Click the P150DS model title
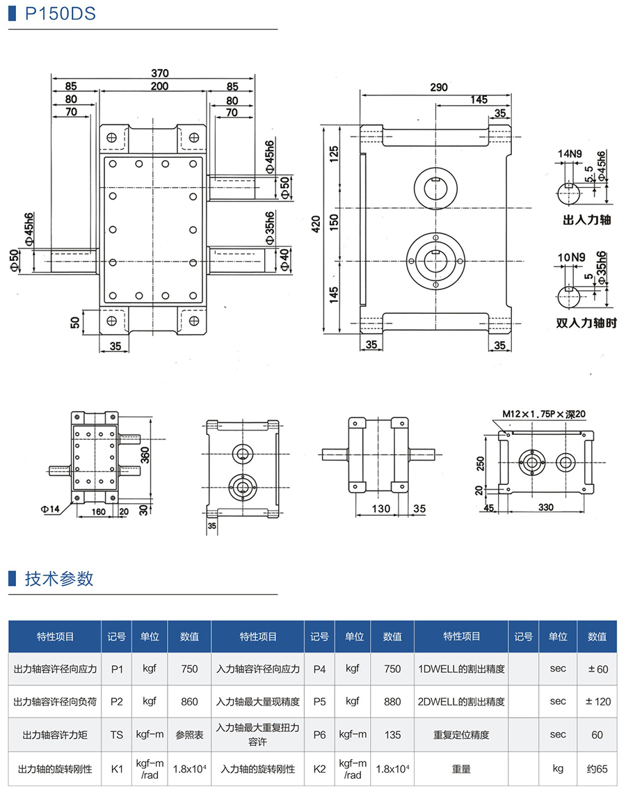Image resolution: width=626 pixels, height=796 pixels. coord(60,14)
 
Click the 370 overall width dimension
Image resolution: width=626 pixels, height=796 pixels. coord(160,73)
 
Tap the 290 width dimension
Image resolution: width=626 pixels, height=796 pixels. coord(438,88)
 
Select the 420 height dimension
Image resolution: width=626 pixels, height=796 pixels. coord(316,223)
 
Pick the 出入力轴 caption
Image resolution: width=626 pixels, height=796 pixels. coord(587,221)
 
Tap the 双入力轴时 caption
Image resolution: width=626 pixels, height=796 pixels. coord(587,324)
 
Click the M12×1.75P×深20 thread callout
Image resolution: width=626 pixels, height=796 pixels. coord(544,413)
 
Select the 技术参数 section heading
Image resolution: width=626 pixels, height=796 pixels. coord(58,579)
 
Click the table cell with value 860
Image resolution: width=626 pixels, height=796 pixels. coord(189,701)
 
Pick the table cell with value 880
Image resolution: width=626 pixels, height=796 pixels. coord(392,701)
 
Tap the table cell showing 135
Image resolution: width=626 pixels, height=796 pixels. coord(392,735)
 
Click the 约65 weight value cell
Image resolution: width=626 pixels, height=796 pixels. coord(597,769)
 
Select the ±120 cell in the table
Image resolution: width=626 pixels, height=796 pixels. coord(597,701)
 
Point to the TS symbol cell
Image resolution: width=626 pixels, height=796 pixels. coord(116,735)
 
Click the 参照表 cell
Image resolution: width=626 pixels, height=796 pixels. coord(189,735)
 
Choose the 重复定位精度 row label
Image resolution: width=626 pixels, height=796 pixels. coord(461,735)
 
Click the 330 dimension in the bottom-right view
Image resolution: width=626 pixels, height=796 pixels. coord(545,508)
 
